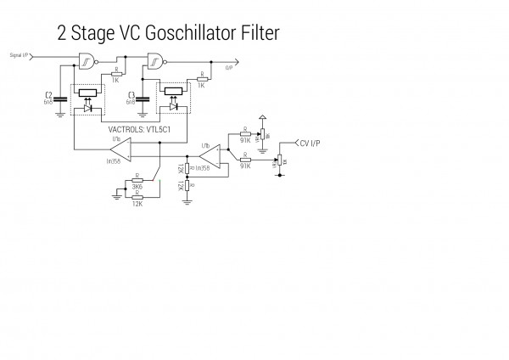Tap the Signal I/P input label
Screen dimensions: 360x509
[21, 54]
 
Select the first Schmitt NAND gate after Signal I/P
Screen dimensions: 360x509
[86, 59]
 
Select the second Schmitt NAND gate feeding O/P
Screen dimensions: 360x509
[156, 60]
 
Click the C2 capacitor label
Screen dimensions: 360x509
[48, 93]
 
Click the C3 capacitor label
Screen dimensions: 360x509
[131, 93]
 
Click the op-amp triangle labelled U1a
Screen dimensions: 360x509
[120, 150]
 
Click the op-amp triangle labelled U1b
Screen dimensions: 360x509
[210, 159]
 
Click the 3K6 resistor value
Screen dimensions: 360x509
[137, 186]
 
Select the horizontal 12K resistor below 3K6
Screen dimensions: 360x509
[137, 196]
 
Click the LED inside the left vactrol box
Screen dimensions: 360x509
[87, 108]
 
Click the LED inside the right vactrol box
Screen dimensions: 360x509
[173, 108]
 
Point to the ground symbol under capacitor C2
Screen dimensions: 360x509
[59, 113]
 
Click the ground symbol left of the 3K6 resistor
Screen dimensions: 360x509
[116, 196]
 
